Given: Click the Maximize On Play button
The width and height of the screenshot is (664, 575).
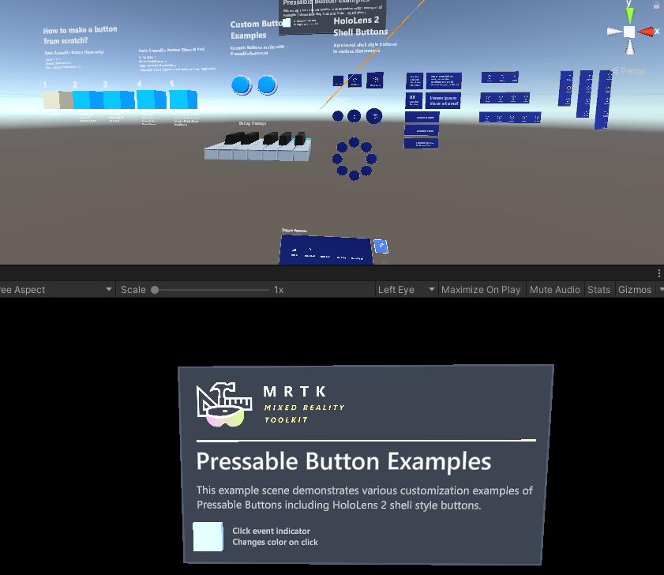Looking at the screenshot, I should click(x=481, y=290).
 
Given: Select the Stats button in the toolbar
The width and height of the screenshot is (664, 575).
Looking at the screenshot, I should click(x=598, y=290).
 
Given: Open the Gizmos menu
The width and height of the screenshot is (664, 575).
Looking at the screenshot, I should click(x=635, y=290).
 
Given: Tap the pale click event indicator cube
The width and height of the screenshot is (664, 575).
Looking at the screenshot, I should click(x=208, y=536).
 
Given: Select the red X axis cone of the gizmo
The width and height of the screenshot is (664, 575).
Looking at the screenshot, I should click(x=647, y=32).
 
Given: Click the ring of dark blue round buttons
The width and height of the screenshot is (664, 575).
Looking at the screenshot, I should click(x=354, y=158).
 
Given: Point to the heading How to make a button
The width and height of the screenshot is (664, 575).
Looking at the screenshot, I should click(x=80, y=35).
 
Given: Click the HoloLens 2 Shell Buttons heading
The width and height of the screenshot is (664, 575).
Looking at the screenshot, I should click(x=359, y=26).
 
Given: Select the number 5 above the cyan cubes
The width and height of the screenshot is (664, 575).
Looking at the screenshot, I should click(x=171, y=84).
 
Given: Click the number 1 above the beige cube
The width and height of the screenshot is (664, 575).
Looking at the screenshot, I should click(x=45, y=85).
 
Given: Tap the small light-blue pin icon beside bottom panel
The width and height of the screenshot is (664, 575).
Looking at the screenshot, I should click(x=380, y=246).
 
